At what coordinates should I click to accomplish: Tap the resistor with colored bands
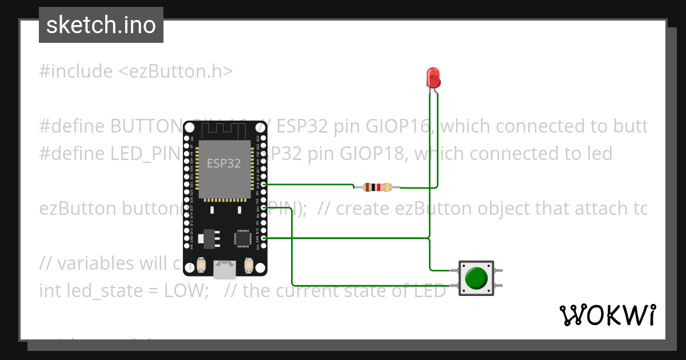(377, 187)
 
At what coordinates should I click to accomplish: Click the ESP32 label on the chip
(224, 163)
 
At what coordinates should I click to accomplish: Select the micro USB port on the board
(225, 269)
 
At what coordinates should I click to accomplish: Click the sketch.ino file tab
(101, 25)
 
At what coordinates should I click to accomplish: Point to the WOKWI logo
(607, 315)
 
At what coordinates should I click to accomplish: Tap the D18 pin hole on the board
(264, 185)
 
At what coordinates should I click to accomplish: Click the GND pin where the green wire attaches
(264, 238)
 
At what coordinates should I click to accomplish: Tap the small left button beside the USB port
(201, 266)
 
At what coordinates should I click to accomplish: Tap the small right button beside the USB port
(249, 266)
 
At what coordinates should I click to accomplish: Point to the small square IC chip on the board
(242, 238)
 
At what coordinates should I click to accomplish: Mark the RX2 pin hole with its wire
(264, 208)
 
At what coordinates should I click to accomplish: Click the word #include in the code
(76, 71)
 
